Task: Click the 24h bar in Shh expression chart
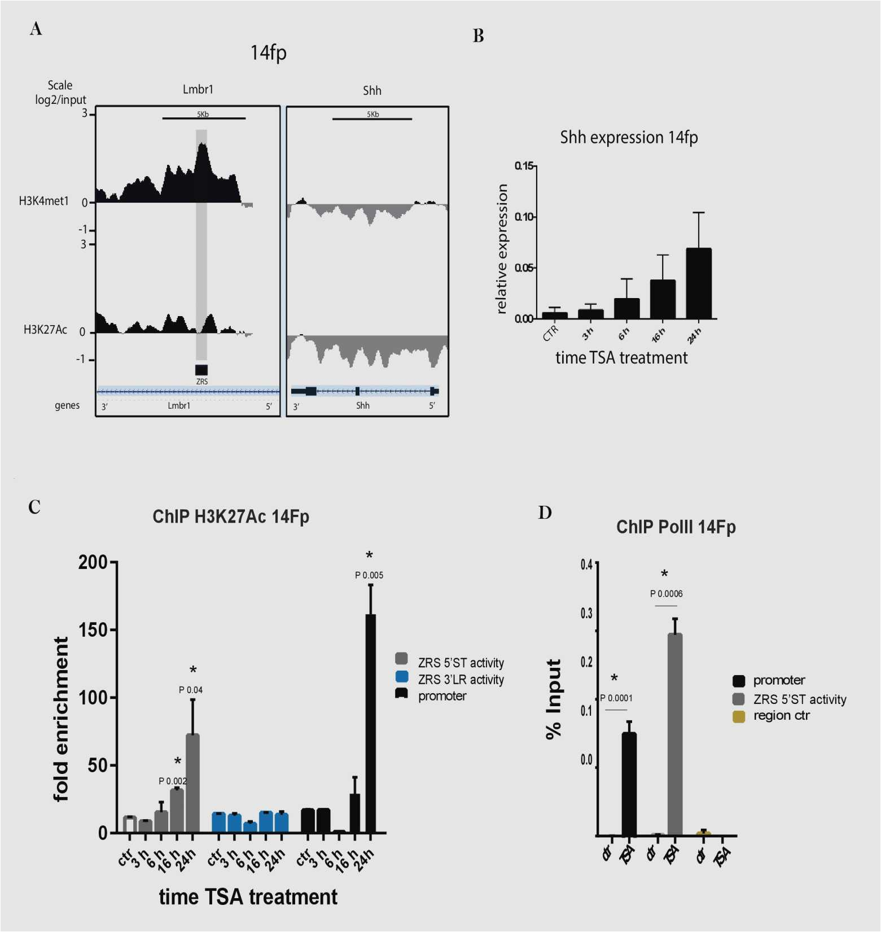coord(699,283)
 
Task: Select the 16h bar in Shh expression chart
coord(663,299)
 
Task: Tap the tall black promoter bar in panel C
coord(371,723)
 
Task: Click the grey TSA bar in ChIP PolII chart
coord(674,734)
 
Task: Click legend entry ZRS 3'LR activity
coord(461,680)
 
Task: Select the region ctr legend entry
coord(781,716)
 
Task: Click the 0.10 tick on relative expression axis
coord(525,217)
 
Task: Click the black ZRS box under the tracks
coord(201,370)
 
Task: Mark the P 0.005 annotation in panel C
coord(369,575)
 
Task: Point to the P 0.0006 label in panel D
coord(666,594)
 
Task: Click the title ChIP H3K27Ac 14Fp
coord(231,517)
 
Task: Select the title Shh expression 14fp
coord(629,138)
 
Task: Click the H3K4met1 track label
coord(43,201)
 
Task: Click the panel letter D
coord(545,513)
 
